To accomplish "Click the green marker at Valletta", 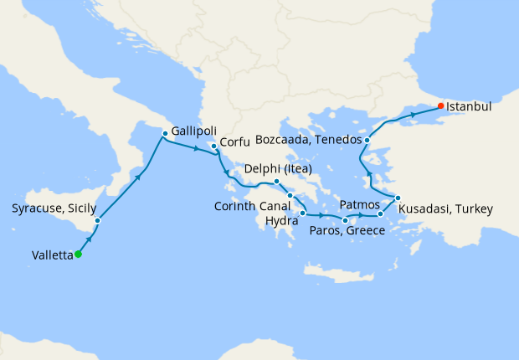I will pyautogui.click(x=78, y=255).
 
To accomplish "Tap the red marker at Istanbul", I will pyautogui.click(x=441, y=106).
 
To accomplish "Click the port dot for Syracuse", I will pyautogui.click(x=98, y=221).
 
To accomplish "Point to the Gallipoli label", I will pyautogui.click(x=198, y=131).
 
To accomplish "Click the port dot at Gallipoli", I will pyautogui.click(x=165, y=131).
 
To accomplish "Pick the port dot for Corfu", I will pyautogui.click(x=213, y=148).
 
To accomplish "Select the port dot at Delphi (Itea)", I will pyautogui.click(x=277, y=181).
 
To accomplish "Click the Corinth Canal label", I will pyautogui.click(x=247, y=208).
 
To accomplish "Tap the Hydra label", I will pyautogui.click(x=280, y=221).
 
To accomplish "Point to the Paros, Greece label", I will pyautogui.click(x=347, y=231).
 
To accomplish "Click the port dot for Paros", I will pyautogui.click(x=346, y=220).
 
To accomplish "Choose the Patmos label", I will pyautogui.click(x=360, y=204).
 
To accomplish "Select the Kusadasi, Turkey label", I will pyautogui.click(x=445, y=208).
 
